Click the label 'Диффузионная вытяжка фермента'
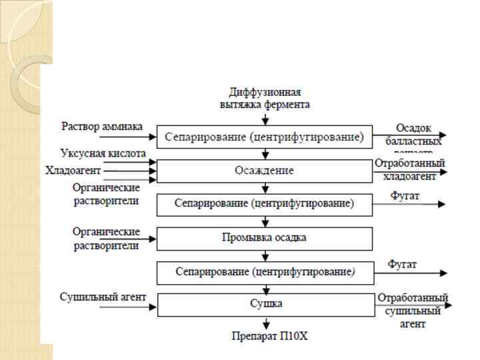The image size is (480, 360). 265,98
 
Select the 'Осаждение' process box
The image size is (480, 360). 264,171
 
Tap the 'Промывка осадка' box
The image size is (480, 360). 264,237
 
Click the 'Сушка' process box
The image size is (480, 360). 264,304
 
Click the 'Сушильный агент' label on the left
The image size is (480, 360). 103,297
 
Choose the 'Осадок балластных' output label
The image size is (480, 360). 414,134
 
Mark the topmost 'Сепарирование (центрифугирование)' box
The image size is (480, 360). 264,137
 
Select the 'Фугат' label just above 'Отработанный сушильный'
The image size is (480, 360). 403,265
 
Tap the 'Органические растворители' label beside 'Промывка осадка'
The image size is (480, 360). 106,238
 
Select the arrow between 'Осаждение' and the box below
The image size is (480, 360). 265,188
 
